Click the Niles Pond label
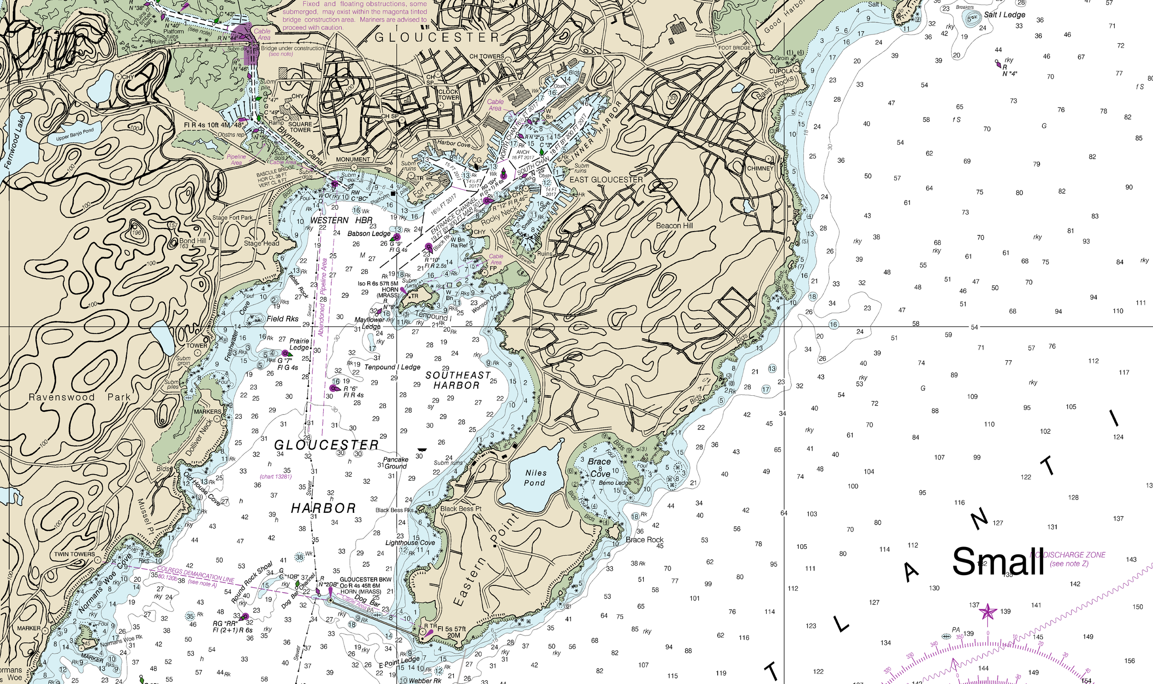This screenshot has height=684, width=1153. click(x=535, y=478)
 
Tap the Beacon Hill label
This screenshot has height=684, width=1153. click(x=674, y=226)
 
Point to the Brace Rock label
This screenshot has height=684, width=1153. click(x=644, y=540)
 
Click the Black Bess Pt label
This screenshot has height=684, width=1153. click(x=461, y=509)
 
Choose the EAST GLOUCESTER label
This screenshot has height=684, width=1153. click(x=606, y=179)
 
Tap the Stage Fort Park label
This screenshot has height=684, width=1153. click(x=232, y=217)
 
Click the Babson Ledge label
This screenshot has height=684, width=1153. click(x=368, y=233)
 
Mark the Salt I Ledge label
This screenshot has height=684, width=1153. click(x=1004, y=15)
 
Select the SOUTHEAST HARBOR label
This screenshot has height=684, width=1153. click(x=458, y=381)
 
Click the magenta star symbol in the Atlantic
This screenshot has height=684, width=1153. click(x=987, y=612)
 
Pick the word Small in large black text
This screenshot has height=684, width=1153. click(x=998, y=562)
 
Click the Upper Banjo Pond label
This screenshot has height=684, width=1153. click(x=75, y=134)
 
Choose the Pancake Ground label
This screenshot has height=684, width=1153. click(x=395, y=463)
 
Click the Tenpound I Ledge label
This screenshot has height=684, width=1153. click(x=392, y=367)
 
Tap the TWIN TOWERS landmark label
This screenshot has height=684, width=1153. click(x=74, y=554)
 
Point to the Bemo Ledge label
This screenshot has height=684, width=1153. click(x=614, y=483)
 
